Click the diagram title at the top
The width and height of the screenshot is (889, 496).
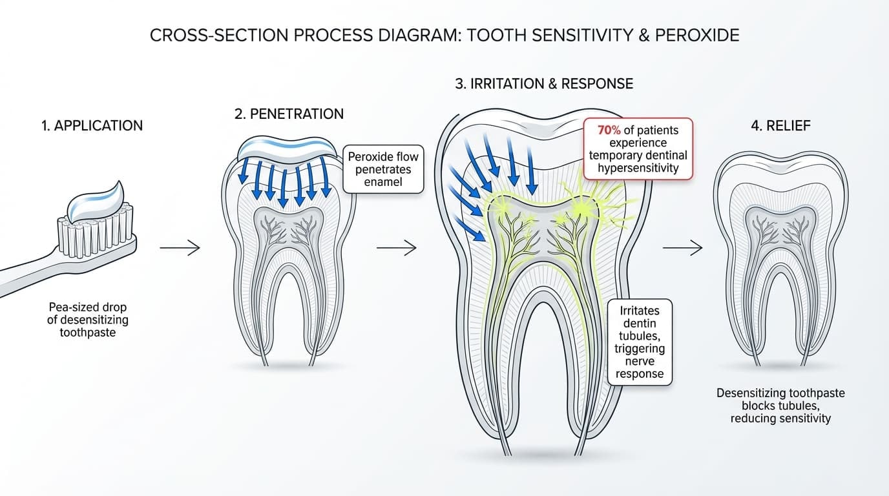pyautogui.click(x=444, y=35)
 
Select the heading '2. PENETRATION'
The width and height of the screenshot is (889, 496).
pyautogui.click(x=289, y=114)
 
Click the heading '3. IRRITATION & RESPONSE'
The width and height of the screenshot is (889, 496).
pyautogui.click(x=544, y=84)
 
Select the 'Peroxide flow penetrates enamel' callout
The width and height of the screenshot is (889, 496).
pyautogui.click(x=383, y=169)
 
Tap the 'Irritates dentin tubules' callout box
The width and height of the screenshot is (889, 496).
pyautogui.click(x=640, y=342)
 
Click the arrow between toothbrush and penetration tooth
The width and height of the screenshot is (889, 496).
pyautogui.click(x=180, y=247)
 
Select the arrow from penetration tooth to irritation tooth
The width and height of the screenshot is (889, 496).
pyautogui.click(x=397, y=247)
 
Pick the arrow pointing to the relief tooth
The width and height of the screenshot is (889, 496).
pyautogui.click(x=682, y=247)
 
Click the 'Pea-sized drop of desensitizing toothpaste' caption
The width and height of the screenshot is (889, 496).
pyautogui.click(x=89, y=320)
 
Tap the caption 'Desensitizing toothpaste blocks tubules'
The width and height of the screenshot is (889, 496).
pyautogui.click(x=780, y=406)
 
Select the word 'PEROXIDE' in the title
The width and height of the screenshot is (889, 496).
pyautogui.click(x=697, y=35)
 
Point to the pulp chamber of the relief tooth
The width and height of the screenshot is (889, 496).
pyautogui.click(x=780, y=223)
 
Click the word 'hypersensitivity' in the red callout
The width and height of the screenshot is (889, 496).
pyautogui.click(x=637, y=169)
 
